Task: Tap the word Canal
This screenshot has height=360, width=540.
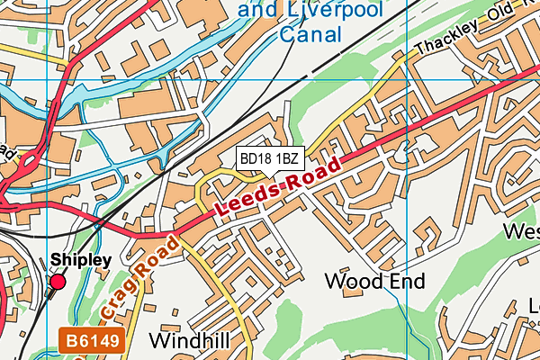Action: point(311,35)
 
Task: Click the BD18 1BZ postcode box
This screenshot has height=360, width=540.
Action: point(267,158)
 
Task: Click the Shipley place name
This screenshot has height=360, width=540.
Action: point(80,259)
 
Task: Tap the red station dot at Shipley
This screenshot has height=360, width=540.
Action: point(58,282)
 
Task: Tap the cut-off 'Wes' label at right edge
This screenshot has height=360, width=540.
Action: point(521,232)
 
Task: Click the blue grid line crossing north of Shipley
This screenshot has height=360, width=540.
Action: point(48,79)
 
